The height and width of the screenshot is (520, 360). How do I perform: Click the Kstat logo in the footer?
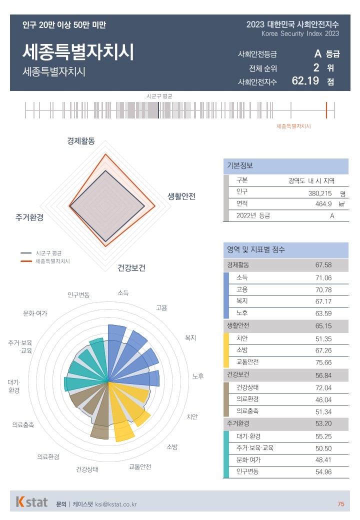coord(32,502)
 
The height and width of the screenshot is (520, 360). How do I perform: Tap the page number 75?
coord(340,504)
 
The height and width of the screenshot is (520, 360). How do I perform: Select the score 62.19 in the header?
coord(305,80)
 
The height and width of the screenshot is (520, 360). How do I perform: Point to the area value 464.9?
coord(323,204)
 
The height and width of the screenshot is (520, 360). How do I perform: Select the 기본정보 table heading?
coord(240,166)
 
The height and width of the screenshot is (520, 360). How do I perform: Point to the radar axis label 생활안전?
coord(181,196)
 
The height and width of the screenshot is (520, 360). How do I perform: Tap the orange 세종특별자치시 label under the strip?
coord(293,126)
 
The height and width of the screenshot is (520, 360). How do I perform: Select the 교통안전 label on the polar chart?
coord(140,467)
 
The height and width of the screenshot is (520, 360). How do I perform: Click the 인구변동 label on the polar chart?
coord(78,295)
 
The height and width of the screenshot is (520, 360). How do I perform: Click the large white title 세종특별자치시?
coord(78,52)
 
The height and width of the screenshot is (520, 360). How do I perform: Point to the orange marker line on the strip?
coord(326,110)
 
